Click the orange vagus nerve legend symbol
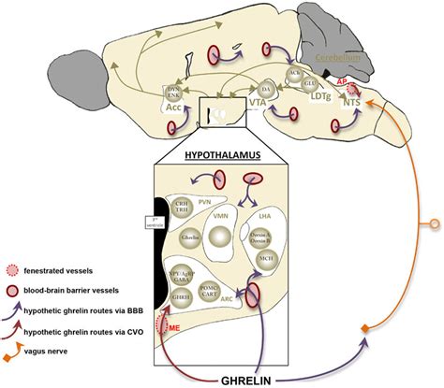point(23,350)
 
